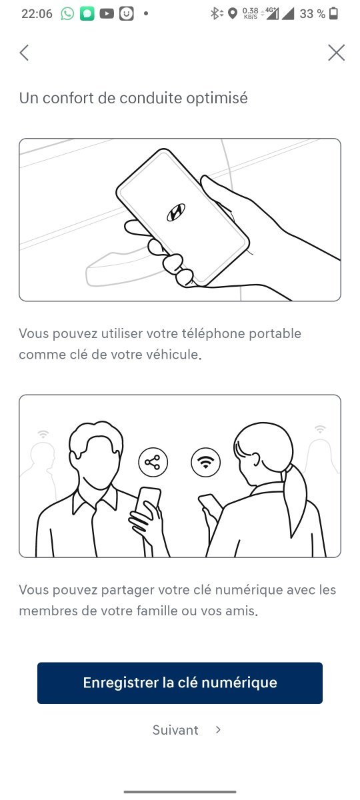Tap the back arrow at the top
(x=24, y=53)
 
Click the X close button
(x=336, y=53)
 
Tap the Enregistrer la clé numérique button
(x=180, y=683)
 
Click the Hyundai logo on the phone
(x=176, y=212)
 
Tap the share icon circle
(x=153, y=462)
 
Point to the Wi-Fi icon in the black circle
(x=206, y=462)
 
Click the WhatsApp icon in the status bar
(x=67, y=13)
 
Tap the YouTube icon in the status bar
(x=107, y=13)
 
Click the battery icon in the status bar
(x=333, y=13)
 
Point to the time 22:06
(x=37, y=13)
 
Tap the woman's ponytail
(x=295, y=500)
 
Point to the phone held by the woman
(x=211, y=503)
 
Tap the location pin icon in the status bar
(x=233, y=13)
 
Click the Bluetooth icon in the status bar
(x=215, y=13)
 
